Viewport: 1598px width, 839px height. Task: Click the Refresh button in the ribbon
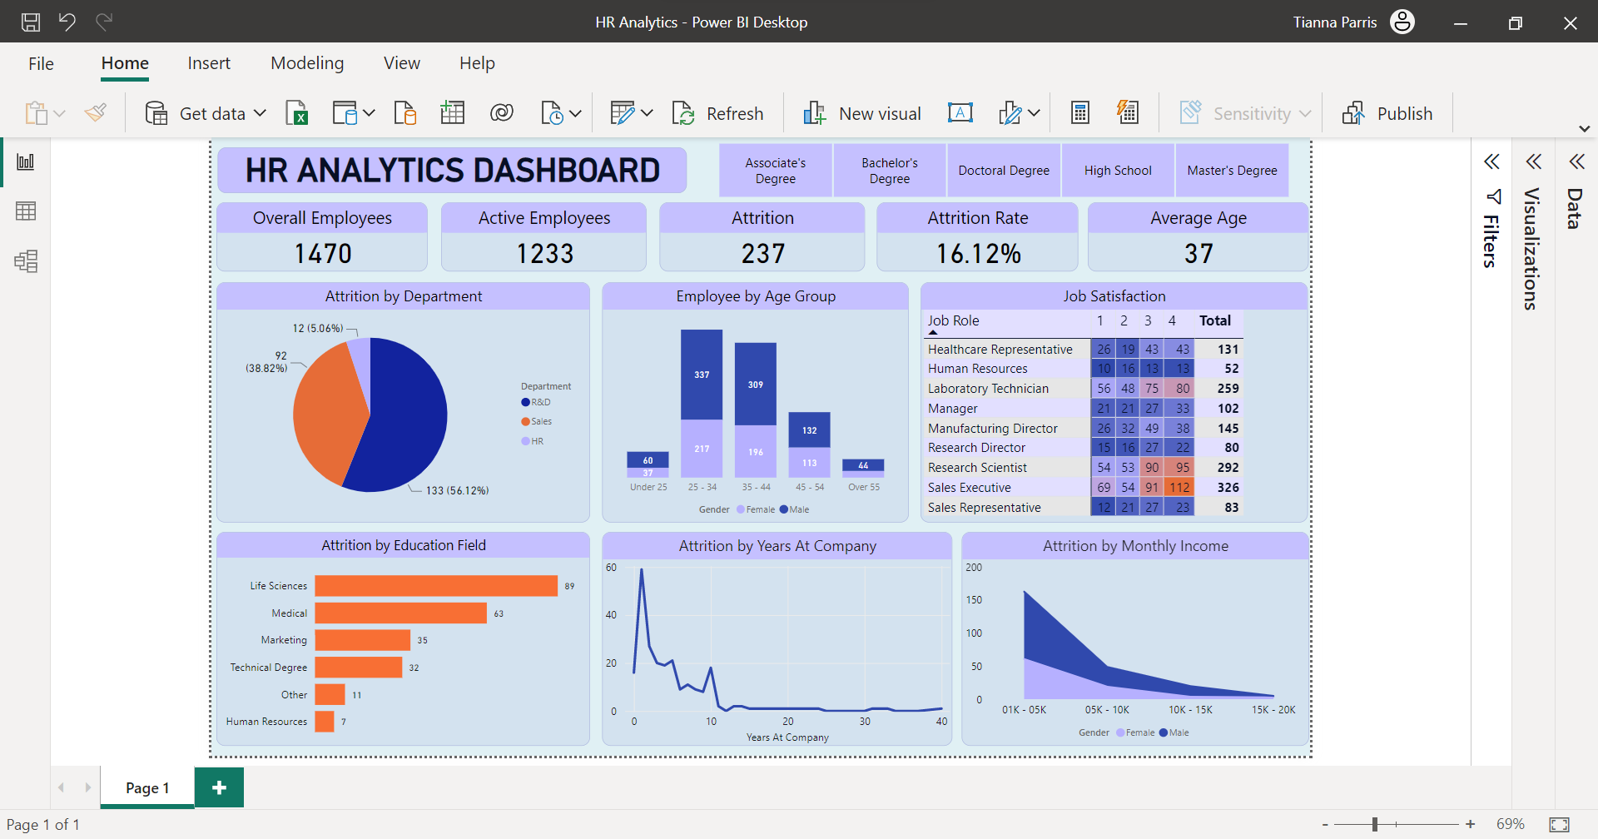(x=717, y=113)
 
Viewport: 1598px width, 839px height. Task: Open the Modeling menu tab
(x=307, y=63)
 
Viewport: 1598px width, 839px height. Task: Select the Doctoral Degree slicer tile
(x=1003, y=171)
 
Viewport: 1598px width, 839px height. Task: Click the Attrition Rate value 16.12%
(x=978, y=254)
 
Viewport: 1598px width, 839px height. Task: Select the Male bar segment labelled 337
(x=702, y=375)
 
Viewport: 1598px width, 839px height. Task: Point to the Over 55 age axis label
(x=863, y=487)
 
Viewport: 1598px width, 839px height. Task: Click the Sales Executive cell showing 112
(x=1179, y=488)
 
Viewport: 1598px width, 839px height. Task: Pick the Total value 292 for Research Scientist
(x=1228, y=468)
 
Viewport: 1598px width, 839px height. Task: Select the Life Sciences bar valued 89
(x=435, y=586)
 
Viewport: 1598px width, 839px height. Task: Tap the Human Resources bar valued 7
(x=324, y=722)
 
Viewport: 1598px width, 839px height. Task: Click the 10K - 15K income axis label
(x=1190, y=710)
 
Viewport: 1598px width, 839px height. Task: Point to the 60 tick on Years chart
(x=611, y=568)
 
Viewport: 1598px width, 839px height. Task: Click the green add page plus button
(x=219, y=787)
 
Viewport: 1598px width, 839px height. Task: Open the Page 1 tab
(x=147, y=788)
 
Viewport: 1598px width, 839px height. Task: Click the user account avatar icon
(x=1402, y=22)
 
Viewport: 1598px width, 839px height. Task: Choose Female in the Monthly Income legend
(x=1135, y=732)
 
